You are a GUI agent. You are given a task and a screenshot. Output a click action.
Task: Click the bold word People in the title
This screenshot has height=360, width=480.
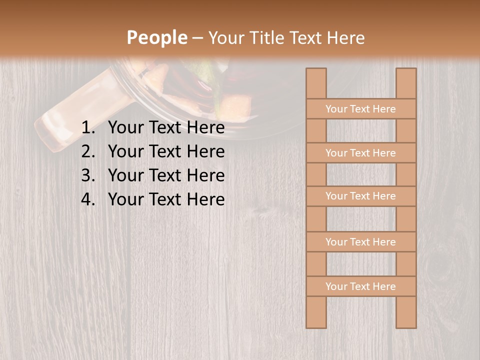[156, 38]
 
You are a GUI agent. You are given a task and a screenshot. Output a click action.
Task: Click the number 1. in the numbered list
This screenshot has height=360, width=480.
[88, 128]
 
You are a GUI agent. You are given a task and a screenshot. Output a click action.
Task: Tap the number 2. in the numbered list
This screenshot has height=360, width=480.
[88, 151]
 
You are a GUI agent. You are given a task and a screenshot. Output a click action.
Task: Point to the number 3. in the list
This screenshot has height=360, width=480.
[88, 175]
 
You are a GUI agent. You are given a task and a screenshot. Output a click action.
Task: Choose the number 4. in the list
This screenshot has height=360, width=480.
[88, 199]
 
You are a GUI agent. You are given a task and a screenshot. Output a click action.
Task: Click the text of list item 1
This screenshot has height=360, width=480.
[166, 128]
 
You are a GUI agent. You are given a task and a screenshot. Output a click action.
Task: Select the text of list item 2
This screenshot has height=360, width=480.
[166, 151]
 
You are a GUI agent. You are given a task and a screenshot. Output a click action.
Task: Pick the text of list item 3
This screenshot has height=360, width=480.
[166, 175]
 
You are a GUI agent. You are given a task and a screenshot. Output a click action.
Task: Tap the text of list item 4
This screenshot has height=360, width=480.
[166, 199]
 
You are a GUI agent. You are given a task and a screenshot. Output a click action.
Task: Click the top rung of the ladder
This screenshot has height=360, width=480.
[360, 109]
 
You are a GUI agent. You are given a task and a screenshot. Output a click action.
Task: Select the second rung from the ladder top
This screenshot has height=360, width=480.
[360, 153]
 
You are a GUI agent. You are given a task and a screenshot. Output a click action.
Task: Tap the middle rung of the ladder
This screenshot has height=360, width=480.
[360, 196]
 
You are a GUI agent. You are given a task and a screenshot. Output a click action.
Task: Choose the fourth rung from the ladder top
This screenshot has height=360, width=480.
[360, 242]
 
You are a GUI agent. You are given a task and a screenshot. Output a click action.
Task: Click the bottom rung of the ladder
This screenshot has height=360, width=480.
[360, 286]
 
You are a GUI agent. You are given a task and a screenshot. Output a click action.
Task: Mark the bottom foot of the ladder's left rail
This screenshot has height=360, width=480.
[316, 322]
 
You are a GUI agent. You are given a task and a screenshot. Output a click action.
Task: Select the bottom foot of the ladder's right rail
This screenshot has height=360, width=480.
[406, 322]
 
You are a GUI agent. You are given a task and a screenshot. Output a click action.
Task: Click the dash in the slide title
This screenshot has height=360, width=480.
[197, 38]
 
